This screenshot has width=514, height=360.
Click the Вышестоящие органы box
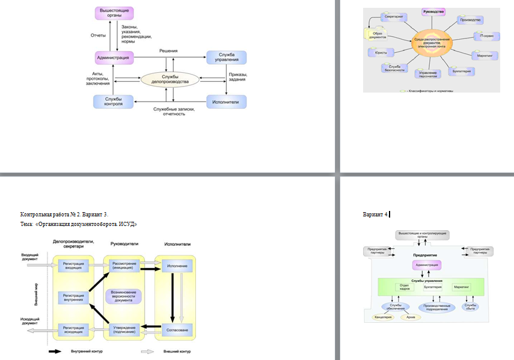click(x=114, y=13)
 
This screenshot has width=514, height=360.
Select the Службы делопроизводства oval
click(x=170, y=79)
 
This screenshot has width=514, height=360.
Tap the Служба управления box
click(x=226, y=57)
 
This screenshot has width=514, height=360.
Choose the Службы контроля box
click(x=113, y=102)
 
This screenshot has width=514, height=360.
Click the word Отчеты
click(x=98, y=35)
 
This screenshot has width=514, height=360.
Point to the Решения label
click(x=168, y=52)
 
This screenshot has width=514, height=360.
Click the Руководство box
click(x=433, y=12)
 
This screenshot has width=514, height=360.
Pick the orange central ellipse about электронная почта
click(x=431, y=43)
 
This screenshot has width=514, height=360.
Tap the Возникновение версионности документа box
click(x=124, y=296)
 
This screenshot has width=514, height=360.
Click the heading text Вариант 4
click(x=376, y=213)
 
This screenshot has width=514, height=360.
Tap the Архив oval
click(x=411, y=317)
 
